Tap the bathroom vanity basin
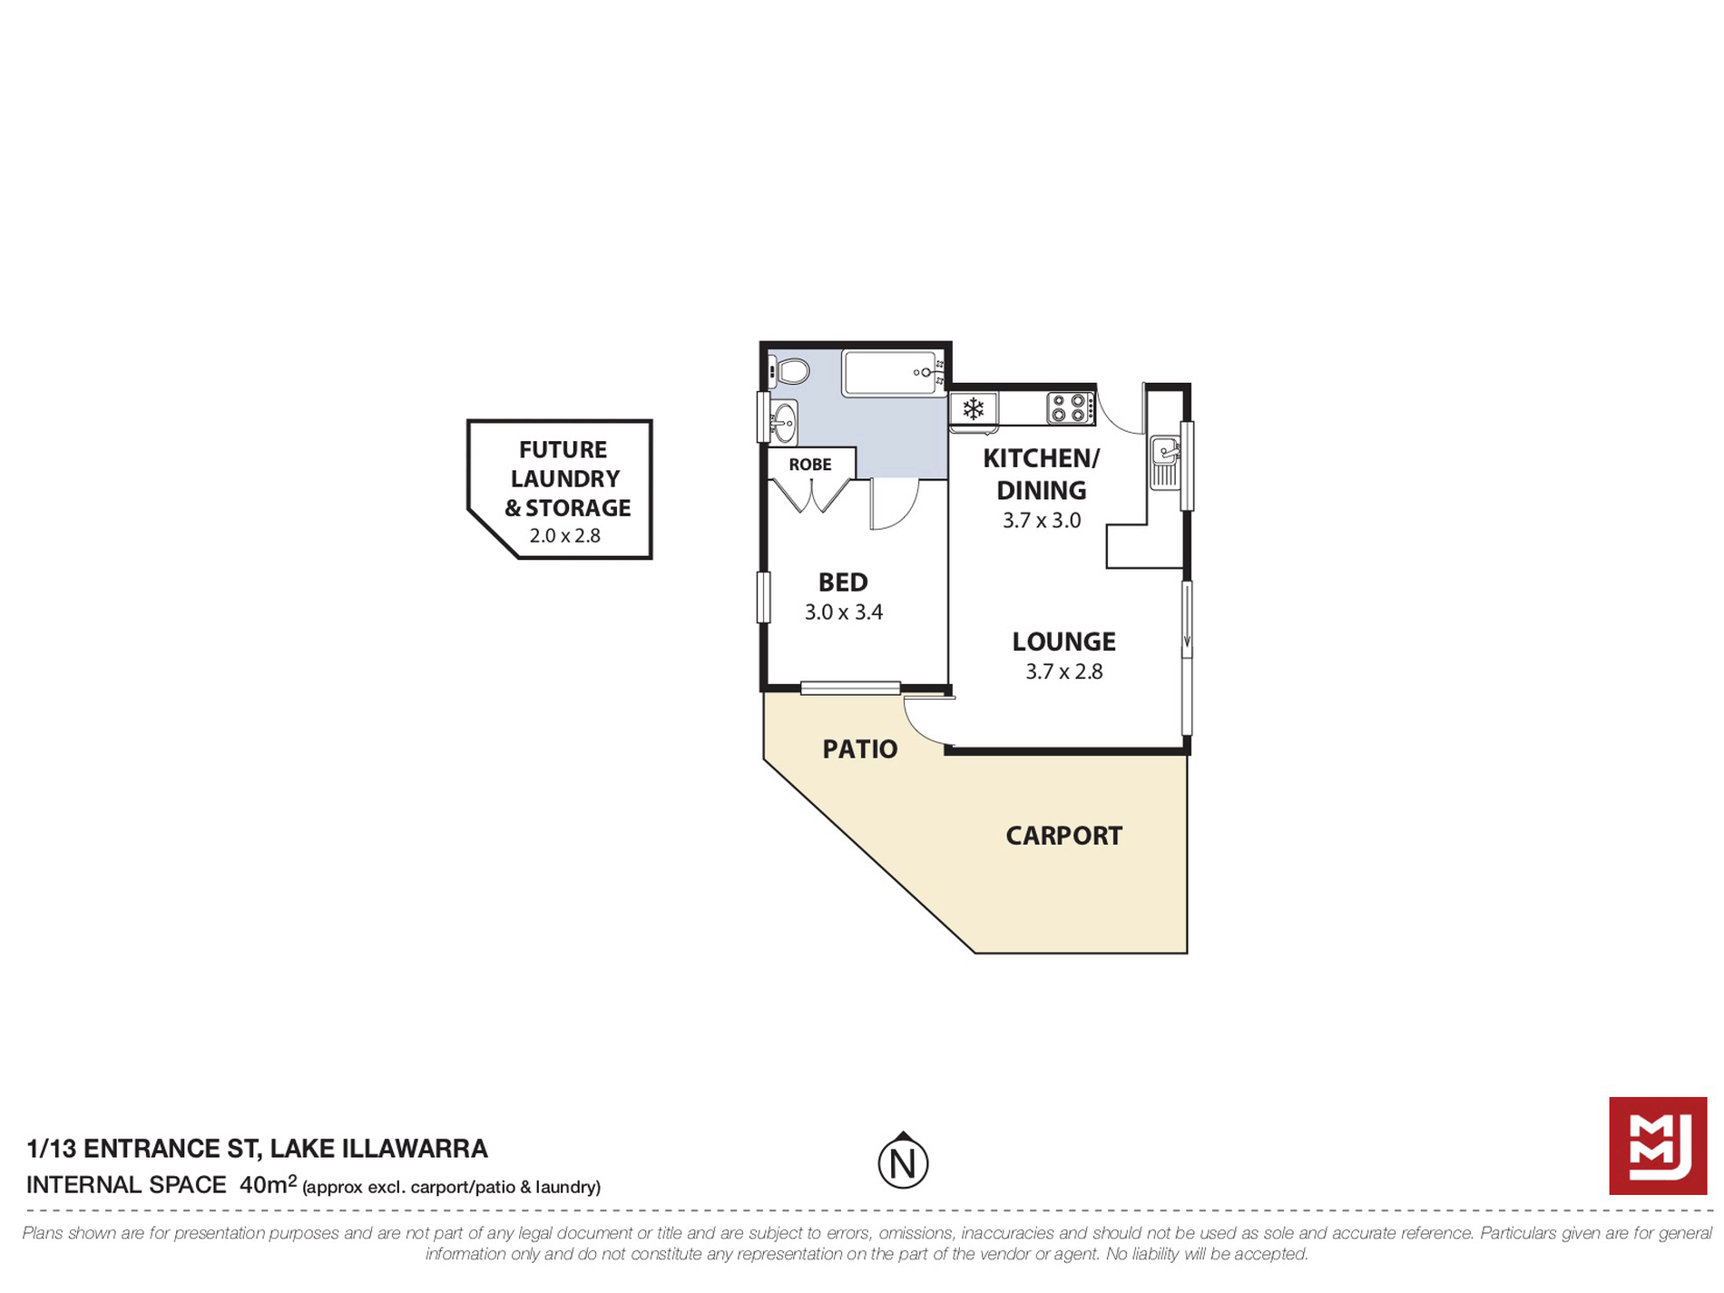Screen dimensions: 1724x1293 point(784,422)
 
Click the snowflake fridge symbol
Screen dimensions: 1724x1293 point(973,409)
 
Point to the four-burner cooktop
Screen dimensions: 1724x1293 point(1070,407)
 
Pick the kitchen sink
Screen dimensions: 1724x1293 point(1164,462)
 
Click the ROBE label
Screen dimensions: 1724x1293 point(810,465)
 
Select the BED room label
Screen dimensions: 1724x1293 point(843,582)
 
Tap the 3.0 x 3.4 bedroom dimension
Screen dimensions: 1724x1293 point(844,612)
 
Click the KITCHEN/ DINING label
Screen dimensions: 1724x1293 point(1042,475)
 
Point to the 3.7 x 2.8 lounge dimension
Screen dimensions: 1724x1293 point(1064,671)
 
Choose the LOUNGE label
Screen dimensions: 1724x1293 point(1064,642)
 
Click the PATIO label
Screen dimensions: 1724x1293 point(860,749)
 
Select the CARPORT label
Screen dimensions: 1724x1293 point(1064,836)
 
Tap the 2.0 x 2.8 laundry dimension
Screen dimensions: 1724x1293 point(565,535)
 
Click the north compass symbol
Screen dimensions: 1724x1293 point(903,1161)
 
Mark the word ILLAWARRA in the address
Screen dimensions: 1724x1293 point(415,1149)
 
